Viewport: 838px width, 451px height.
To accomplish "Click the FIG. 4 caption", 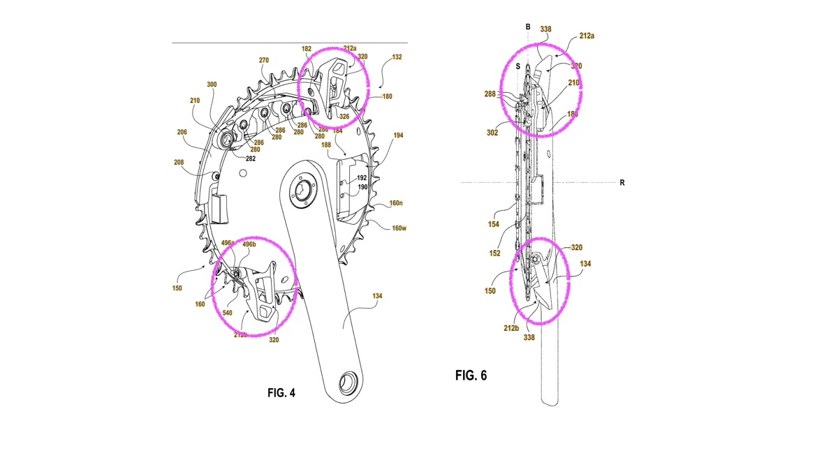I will pos(281,393).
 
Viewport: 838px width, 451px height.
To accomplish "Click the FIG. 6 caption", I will pos(471,376).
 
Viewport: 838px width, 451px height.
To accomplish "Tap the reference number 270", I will pos(264,61).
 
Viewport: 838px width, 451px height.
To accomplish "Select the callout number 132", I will pos(397,57).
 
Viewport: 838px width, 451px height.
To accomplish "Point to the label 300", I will pos(212,84).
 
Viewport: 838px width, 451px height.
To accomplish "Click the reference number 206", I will pos(182,132).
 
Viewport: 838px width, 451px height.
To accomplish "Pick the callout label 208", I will pos(179,162).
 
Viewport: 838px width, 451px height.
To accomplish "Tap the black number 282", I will pos(251,158).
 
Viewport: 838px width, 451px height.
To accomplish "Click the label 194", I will pos(398,135).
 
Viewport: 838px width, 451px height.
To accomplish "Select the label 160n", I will pos(396,203).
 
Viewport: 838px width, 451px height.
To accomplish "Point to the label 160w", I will pos(399,228).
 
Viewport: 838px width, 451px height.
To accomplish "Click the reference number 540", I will pos(227,313).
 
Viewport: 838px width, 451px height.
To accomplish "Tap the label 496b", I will pos(249,244).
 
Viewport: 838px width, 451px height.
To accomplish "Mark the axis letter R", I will pos(622,183).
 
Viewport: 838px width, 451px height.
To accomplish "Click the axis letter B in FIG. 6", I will pos(528,27).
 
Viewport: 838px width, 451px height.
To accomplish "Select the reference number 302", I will pos(492,133).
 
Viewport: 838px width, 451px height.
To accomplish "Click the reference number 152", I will pos(494,253).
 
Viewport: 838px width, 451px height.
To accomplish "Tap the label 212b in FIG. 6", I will pos(510,327).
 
